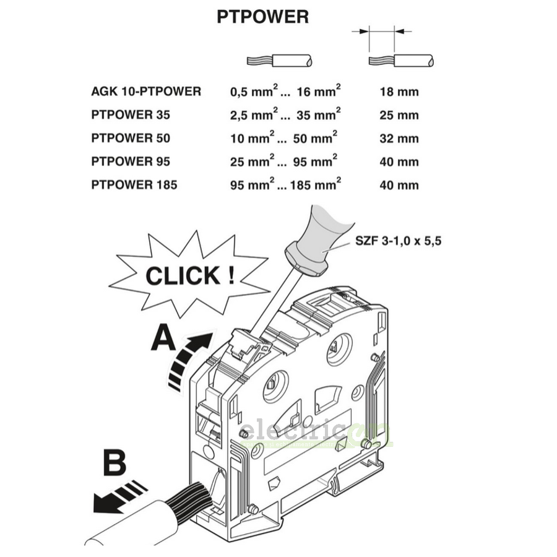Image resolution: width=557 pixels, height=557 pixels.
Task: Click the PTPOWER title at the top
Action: click(x=262, y=17)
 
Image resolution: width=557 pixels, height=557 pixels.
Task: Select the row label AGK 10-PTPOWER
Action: click(x=146, y=92)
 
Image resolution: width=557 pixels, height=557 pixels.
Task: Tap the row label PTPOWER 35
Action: click(x=130, y=115)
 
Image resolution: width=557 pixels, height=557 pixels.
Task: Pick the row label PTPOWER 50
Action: click(x=130, y=138)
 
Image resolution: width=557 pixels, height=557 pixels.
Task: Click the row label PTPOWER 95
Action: click(x=130, y=162)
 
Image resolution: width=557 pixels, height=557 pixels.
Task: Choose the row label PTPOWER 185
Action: click(x=134, y=184)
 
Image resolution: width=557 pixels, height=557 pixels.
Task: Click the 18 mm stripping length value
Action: click(x=399, y=92)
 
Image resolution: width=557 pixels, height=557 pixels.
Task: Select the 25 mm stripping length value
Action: click(x=399, y=115)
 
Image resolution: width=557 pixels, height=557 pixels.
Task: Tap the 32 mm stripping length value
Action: click(x=399, y=139)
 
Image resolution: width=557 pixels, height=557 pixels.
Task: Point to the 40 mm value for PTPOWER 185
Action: click(x=399, y=185)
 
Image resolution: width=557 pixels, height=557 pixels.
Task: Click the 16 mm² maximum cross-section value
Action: click(x=318, y=92)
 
